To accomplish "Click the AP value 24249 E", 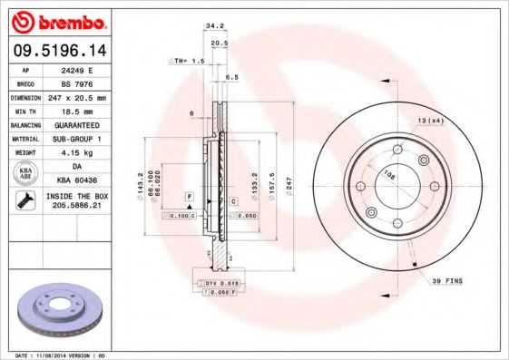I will coord(84,69).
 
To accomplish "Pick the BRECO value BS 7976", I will coord(84,83).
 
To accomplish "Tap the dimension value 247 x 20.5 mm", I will coord(84,97).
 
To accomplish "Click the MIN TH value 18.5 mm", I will coord(84,111).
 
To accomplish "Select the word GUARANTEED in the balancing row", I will coord(84,124).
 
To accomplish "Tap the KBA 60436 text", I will coord(84,180).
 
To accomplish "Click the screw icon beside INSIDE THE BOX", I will coord(24,202).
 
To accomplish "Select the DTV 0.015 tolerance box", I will coord(222,285).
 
